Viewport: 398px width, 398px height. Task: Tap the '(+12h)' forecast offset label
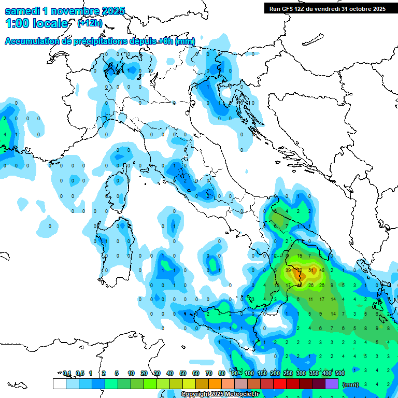(x=90, y=23)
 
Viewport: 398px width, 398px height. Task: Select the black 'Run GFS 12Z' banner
(x=327, y=8)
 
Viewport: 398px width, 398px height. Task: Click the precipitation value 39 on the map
(x=288, y=271)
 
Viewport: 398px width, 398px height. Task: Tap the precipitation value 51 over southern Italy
(x=311, y=271)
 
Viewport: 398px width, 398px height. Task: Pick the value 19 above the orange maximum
(x=300, y=256)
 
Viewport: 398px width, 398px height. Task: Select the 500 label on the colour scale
(x=340, y=373)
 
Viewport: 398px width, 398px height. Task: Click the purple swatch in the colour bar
(x=332, y=383)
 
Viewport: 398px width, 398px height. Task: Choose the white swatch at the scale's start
(x=59, y=383)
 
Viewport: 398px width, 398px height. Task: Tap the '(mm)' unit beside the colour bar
(x=351, y=384)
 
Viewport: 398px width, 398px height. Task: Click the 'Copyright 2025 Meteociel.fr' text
(x=220, y=394)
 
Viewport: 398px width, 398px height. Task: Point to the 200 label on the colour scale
(x=275, y=373)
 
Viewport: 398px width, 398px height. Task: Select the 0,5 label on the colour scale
(x=80, y=373)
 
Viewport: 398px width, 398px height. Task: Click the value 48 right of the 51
(x=322, y=271)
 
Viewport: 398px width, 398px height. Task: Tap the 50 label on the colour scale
(x=183, y=373)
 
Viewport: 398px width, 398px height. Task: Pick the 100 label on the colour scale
(x=249, y=373)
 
